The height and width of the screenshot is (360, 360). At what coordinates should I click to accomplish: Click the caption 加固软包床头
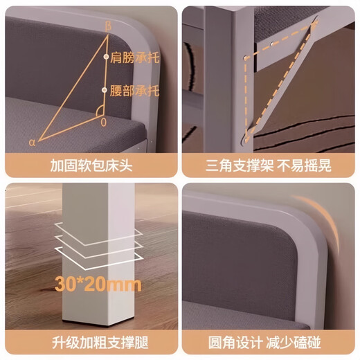coord(90,166)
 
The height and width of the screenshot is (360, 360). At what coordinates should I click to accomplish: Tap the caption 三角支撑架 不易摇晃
coord(271,166)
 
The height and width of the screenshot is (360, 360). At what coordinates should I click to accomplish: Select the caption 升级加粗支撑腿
coord(90,342)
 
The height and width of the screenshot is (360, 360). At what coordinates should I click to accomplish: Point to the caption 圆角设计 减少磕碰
coord(271,342)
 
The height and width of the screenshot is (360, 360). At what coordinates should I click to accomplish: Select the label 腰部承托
coord(134,90)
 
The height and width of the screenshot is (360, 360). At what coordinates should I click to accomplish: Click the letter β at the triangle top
coord(107,26)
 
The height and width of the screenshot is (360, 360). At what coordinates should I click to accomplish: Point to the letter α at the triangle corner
coord(31,142)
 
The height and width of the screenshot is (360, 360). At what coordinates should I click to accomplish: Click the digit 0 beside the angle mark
coord(103,122)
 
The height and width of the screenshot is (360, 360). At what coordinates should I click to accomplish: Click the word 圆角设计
coord(238,342)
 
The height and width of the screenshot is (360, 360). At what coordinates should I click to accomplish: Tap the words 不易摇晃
coord(303,166)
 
